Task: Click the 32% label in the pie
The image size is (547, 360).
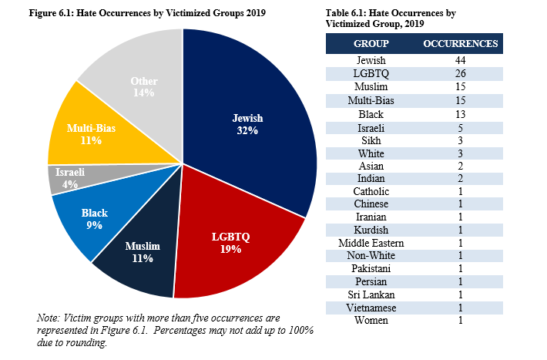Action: coord(247,131)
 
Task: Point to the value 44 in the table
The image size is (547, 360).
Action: coord(461,61)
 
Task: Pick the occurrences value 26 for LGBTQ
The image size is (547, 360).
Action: coord(461,74)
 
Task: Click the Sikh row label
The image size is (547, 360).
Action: coord(371,140)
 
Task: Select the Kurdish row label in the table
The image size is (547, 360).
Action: coord(371,230)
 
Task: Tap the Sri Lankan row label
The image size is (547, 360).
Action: coord(371,294)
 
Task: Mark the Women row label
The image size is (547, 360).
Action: coord(371,320)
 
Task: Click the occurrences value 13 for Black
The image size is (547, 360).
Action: coord(461,114)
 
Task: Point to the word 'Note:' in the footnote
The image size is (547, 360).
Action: coord(49,318)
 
